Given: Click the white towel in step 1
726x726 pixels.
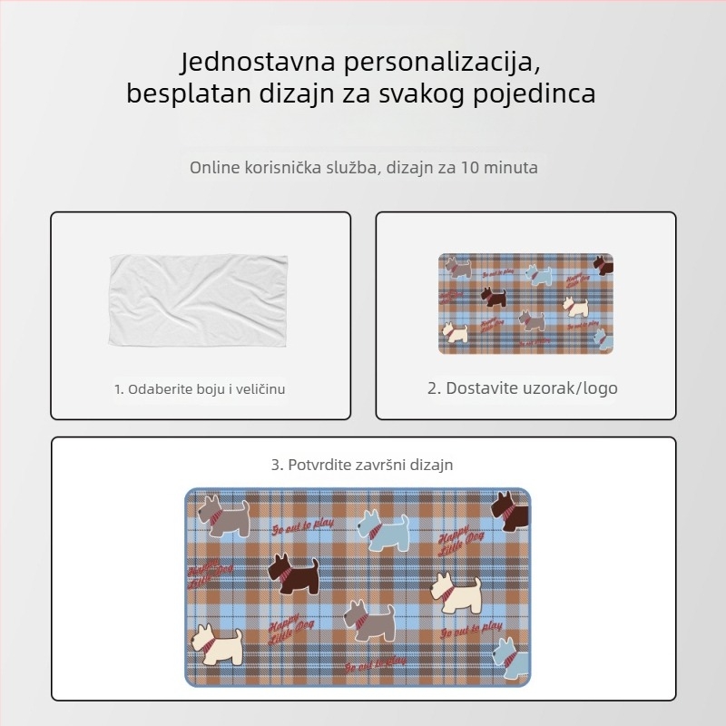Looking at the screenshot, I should tap(199, 299).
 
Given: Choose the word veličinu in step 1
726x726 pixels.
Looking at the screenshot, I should tap(260, 389).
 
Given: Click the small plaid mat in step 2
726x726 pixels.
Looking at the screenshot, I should tap(525, 303).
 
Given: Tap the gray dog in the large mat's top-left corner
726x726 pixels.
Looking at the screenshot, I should tap(224, 516).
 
